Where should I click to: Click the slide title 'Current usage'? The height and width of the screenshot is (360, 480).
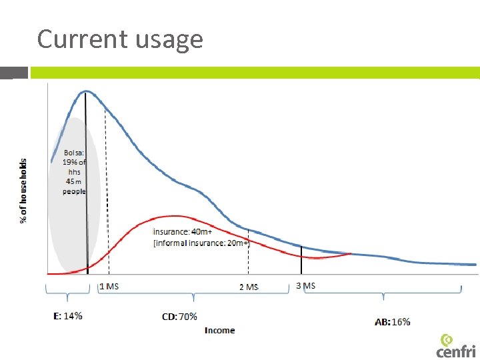[120, 39]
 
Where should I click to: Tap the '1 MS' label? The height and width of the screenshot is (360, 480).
[109, 286]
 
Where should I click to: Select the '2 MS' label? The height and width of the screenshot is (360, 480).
[249, 287]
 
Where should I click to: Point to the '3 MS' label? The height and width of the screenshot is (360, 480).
[305, 285]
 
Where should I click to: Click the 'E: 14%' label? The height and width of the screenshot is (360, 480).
[68, 316]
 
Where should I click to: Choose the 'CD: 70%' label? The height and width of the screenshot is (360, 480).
[180, 317]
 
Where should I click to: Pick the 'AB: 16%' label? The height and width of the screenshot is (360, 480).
[393, 322]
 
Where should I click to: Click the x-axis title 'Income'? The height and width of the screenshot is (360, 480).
[220, 330]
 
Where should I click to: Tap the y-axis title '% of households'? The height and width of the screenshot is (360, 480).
[24, 191]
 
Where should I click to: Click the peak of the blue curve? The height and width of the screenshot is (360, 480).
[85, 91]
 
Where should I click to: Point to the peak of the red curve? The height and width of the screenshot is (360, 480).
[175, 215]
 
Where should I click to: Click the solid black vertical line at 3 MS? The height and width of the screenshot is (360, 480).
[301, 259]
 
